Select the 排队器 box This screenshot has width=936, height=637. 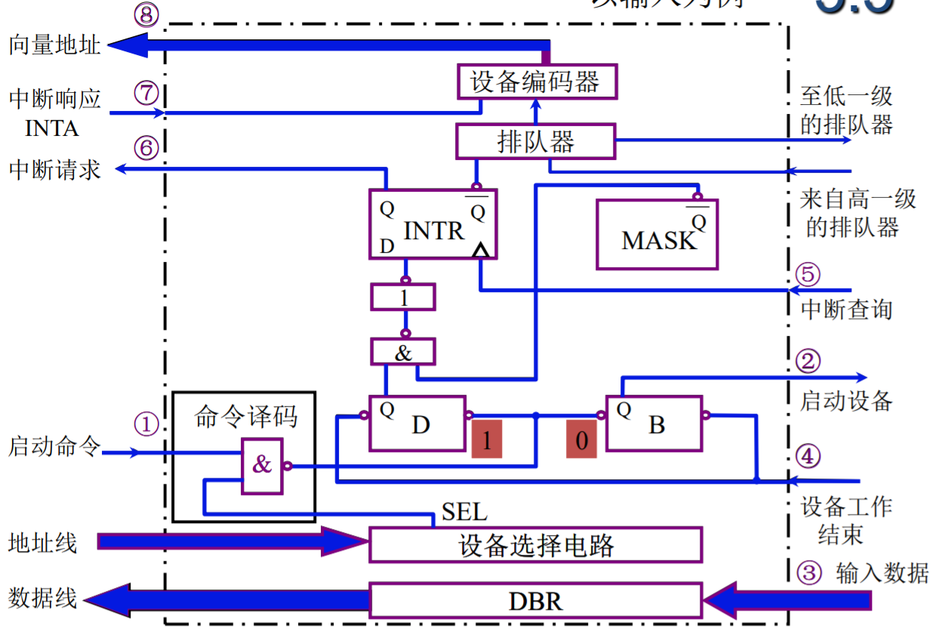(535, 141)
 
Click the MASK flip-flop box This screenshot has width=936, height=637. (657, 235)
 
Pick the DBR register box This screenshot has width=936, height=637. (535, 602)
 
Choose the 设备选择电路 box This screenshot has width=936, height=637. (535, 545)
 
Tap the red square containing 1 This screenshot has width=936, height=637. (487, 439)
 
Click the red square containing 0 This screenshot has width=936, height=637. (581, 439)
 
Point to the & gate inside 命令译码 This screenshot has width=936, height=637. (261, 465)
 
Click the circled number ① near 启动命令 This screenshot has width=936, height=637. (146, 425)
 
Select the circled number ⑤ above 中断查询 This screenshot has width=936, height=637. (808, 275)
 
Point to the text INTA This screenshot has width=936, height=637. (52, 128)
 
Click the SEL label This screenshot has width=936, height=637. (464, 513)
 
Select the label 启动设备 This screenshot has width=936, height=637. (846, 400)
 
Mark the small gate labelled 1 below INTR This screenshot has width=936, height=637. (403, 297)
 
